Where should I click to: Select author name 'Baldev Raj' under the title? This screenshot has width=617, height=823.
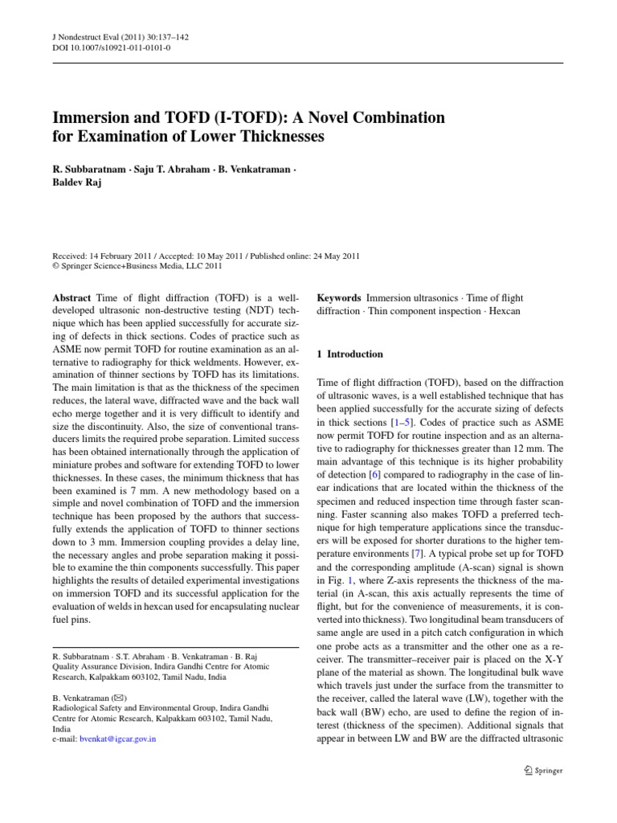pyautogui.click(x=83, y=182)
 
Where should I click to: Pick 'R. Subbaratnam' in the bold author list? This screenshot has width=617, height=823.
pyautogui.click(x=88, y=170)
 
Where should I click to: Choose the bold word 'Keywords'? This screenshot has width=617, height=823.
pyautogui.click(x=338, y=298)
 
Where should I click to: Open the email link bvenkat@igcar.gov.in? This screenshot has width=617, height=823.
pyautogui.click(x=123, y=739)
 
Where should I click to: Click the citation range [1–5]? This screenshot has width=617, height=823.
pyautogui.click(x=399, y=421)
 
